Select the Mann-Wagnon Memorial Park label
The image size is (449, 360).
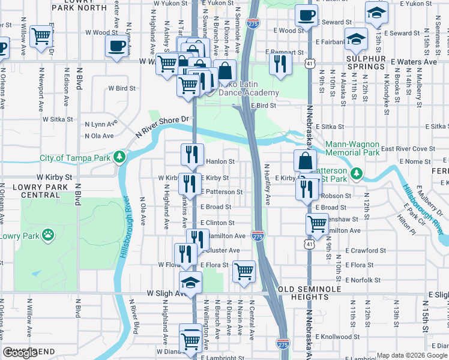click(352, 149)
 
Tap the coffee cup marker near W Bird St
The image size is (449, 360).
click(116, 46)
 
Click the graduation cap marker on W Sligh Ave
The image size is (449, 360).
click(190, 282)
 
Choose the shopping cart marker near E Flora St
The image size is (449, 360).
click(244, 271)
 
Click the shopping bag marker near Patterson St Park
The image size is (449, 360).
click(305, 161)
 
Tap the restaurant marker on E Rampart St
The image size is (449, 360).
click(280, 64)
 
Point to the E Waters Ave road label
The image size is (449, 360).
click(414, 62)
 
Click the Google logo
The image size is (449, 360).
click(20, 353)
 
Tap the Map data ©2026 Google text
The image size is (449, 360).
click(411, 355)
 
